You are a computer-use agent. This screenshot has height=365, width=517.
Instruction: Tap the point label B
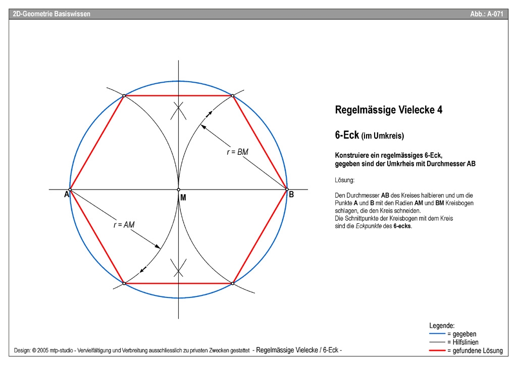click(291, 194)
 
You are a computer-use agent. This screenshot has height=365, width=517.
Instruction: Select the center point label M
click(183, 198)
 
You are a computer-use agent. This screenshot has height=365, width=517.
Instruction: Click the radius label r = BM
click(237, 152)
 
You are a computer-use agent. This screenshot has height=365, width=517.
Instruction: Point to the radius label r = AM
click(124, 225)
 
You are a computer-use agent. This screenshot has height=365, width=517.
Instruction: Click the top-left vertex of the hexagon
click(124, 95)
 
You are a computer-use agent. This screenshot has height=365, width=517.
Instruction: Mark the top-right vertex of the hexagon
click(233, 95)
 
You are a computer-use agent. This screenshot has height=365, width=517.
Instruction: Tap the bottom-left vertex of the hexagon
click(124, 283)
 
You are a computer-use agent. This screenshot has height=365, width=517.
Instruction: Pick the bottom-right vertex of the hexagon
click(233, 283)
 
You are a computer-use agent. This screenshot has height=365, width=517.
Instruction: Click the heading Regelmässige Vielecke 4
click(389, 110)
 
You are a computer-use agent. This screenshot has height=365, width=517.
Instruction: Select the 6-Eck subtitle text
click(370, 135)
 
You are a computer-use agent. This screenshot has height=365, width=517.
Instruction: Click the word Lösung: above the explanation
click(344, 180)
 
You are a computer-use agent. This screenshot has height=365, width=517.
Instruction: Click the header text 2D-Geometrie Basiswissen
click(51, 14)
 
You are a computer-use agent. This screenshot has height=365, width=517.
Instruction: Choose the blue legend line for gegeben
click(437, 334)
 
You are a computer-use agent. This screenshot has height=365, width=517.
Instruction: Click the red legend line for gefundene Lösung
click(437, 350)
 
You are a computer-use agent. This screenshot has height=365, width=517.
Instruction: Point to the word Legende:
click(442, 326)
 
